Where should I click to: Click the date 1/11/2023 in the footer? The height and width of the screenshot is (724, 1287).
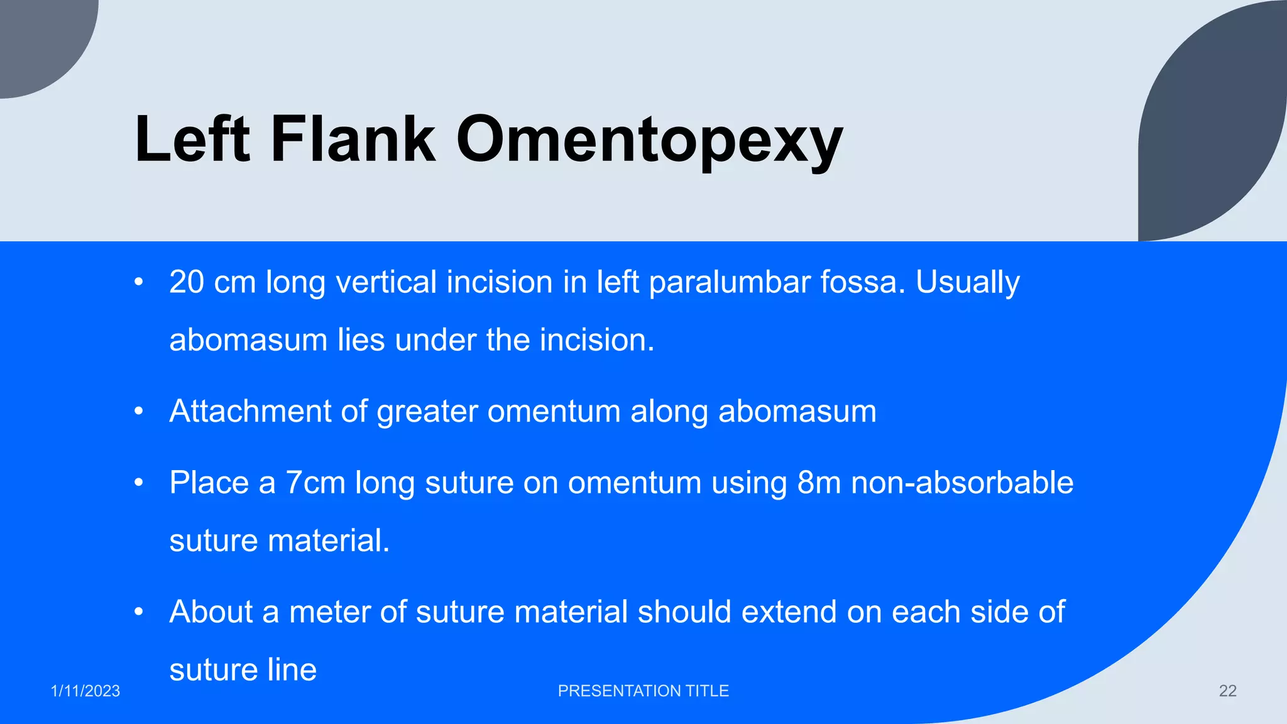(x=85, y=691)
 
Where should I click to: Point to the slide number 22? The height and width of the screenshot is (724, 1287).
(x=1227, y=691)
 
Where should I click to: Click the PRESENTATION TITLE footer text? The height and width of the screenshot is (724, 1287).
(x=643, y=691)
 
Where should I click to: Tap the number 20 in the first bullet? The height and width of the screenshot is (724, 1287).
(x=187, y=282)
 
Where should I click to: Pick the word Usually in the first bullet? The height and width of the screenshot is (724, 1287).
(x=967, y=282)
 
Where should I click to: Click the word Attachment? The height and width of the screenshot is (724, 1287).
(x=250, y=412)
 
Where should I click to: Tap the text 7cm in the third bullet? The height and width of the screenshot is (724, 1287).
(x=315, y=483)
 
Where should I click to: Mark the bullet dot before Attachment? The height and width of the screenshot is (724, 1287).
(x=139, y=412)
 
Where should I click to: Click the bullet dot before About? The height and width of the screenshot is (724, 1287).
(x=139, y=612)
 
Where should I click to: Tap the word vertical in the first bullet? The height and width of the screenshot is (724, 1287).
(x=386, y=282)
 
